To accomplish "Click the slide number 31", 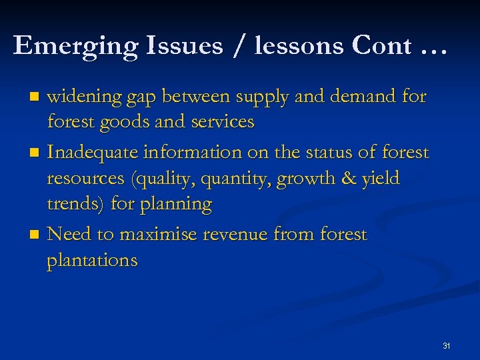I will [446, 346].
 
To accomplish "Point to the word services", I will [222, 122].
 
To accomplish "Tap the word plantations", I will [92, 260].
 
